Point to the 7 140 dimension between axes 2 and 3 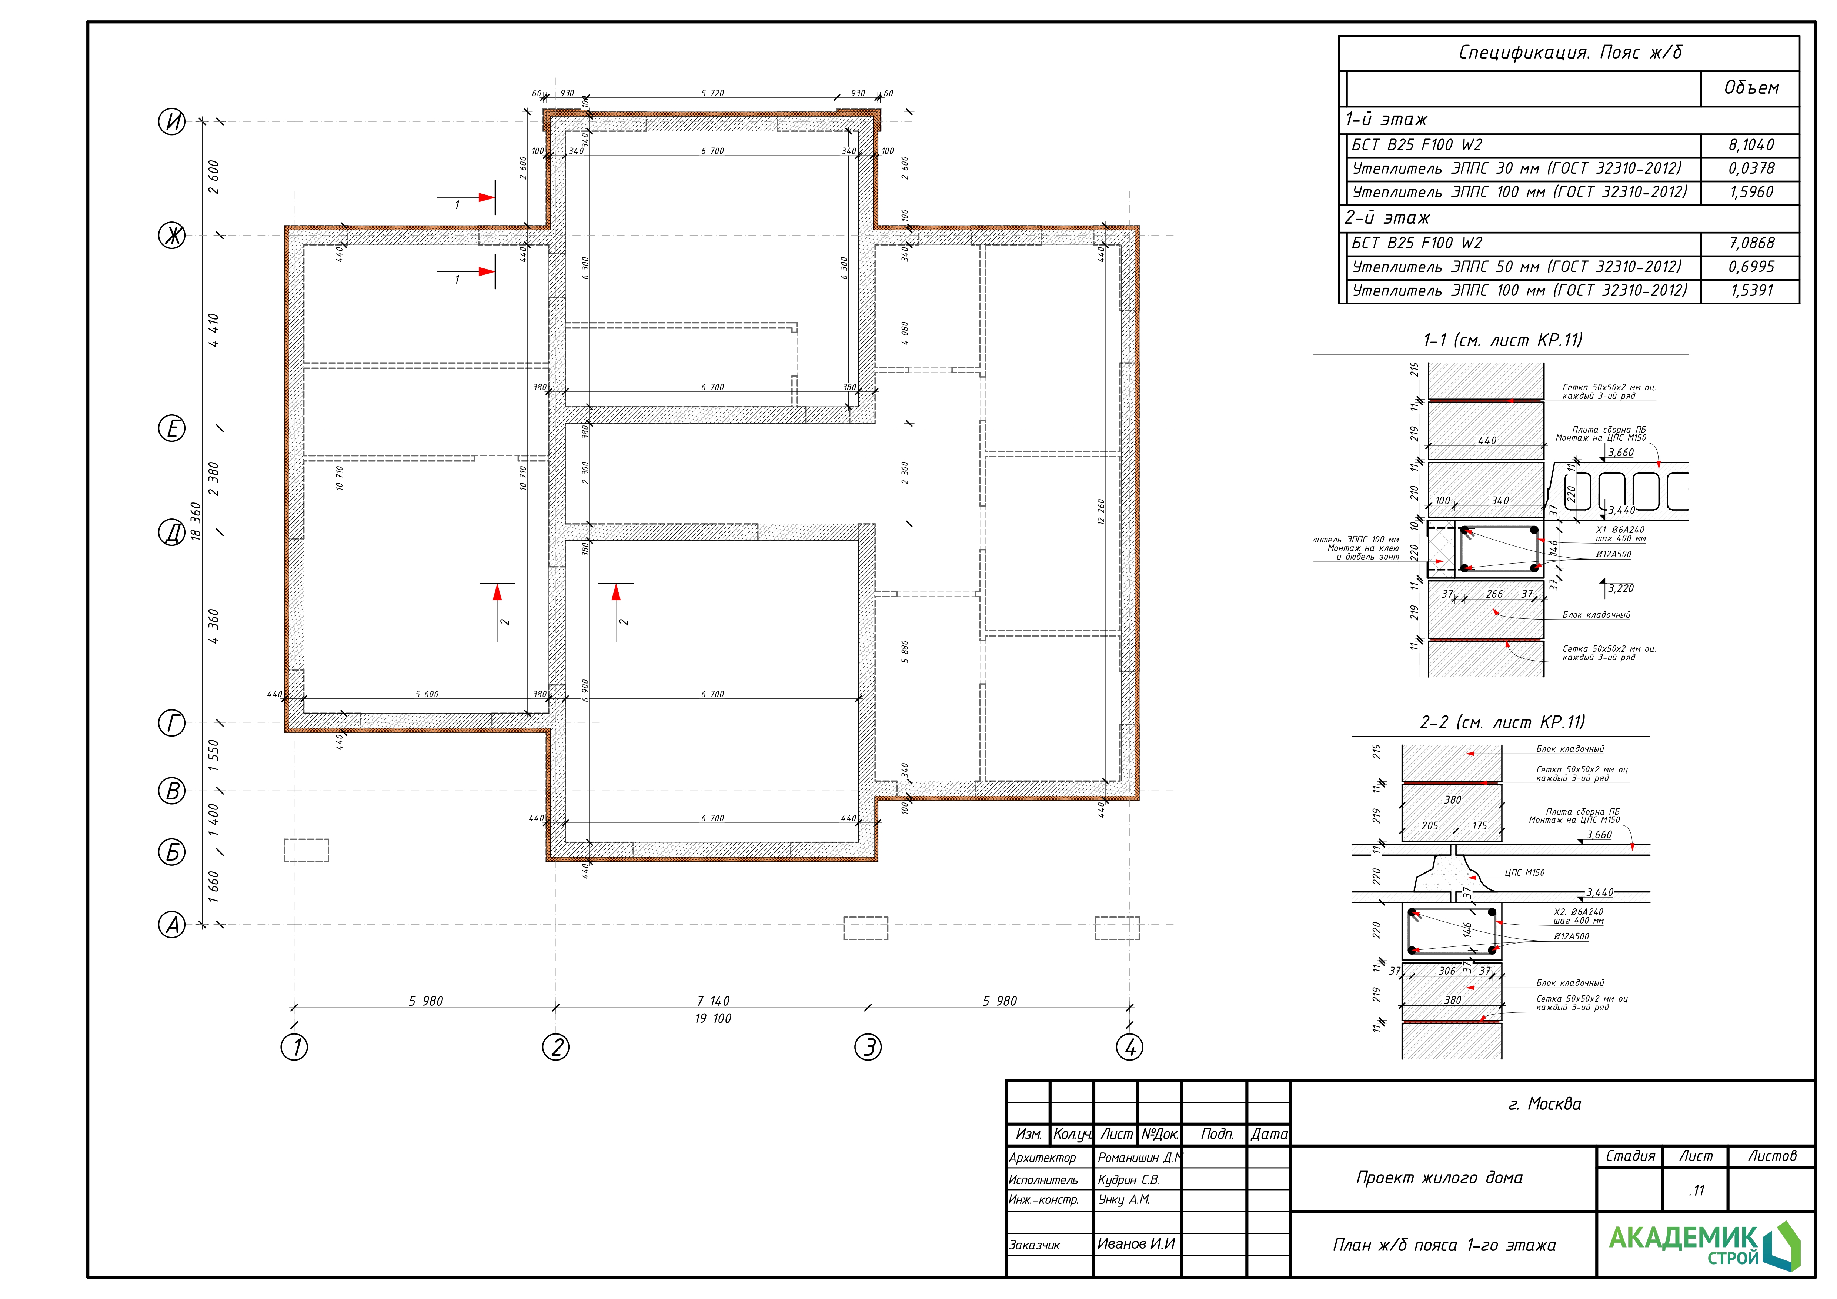click(x=713, y=1001)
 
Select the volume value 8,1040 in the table click(x=1751, y=145)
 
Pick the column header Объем click(x=1751, y=88)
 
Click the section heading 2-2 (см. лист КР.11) click(x=1502, y=722)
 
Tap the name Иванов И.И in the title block click(x=1136, y=1244)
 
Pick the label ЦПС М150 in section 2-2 click(x=1524, y=873)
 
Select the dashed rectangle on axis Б click(x=307, y=850)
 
